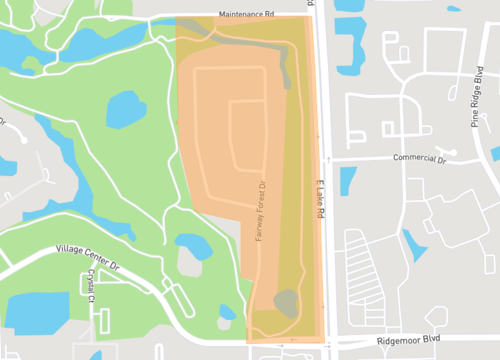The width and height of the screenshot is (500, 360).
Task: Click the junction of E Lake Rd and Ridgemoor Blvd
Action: (326, 341)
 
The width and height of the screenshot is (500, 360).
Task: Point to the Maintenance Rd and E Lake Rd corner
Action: (310, 16)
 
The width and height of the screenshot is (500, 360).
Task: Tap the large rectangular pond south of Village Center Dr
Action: (38, 313)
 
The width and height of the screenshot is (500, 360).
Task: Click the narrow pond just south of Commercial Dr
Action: (348, 180)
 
